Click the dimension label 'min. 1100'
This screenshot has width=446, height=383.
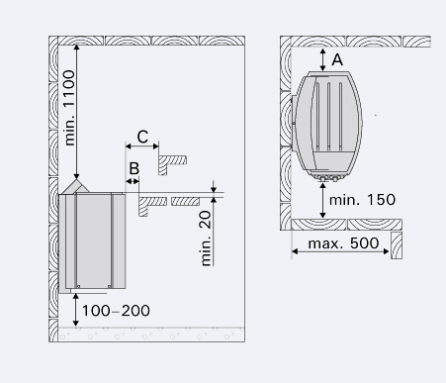point(70,108)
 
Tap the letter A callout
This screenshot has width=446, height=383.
point(337,60)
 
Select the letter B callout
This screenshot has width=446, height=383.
point(134,168)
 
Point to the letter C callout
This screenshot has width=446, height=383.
point(142,137)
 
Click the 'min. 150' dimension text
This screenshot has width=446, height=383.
point(362,200)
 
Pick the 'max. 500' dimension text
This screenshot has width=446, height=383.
point(343,243)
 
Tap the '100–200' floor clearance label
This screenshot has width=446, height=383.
point(116,311)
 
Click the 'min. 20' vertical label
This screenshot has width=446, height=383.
point(206,239)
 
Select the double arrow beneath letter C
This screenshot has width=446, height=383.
point(142,146)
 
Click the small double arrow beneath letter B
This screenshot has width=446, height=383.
point(133,181)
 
